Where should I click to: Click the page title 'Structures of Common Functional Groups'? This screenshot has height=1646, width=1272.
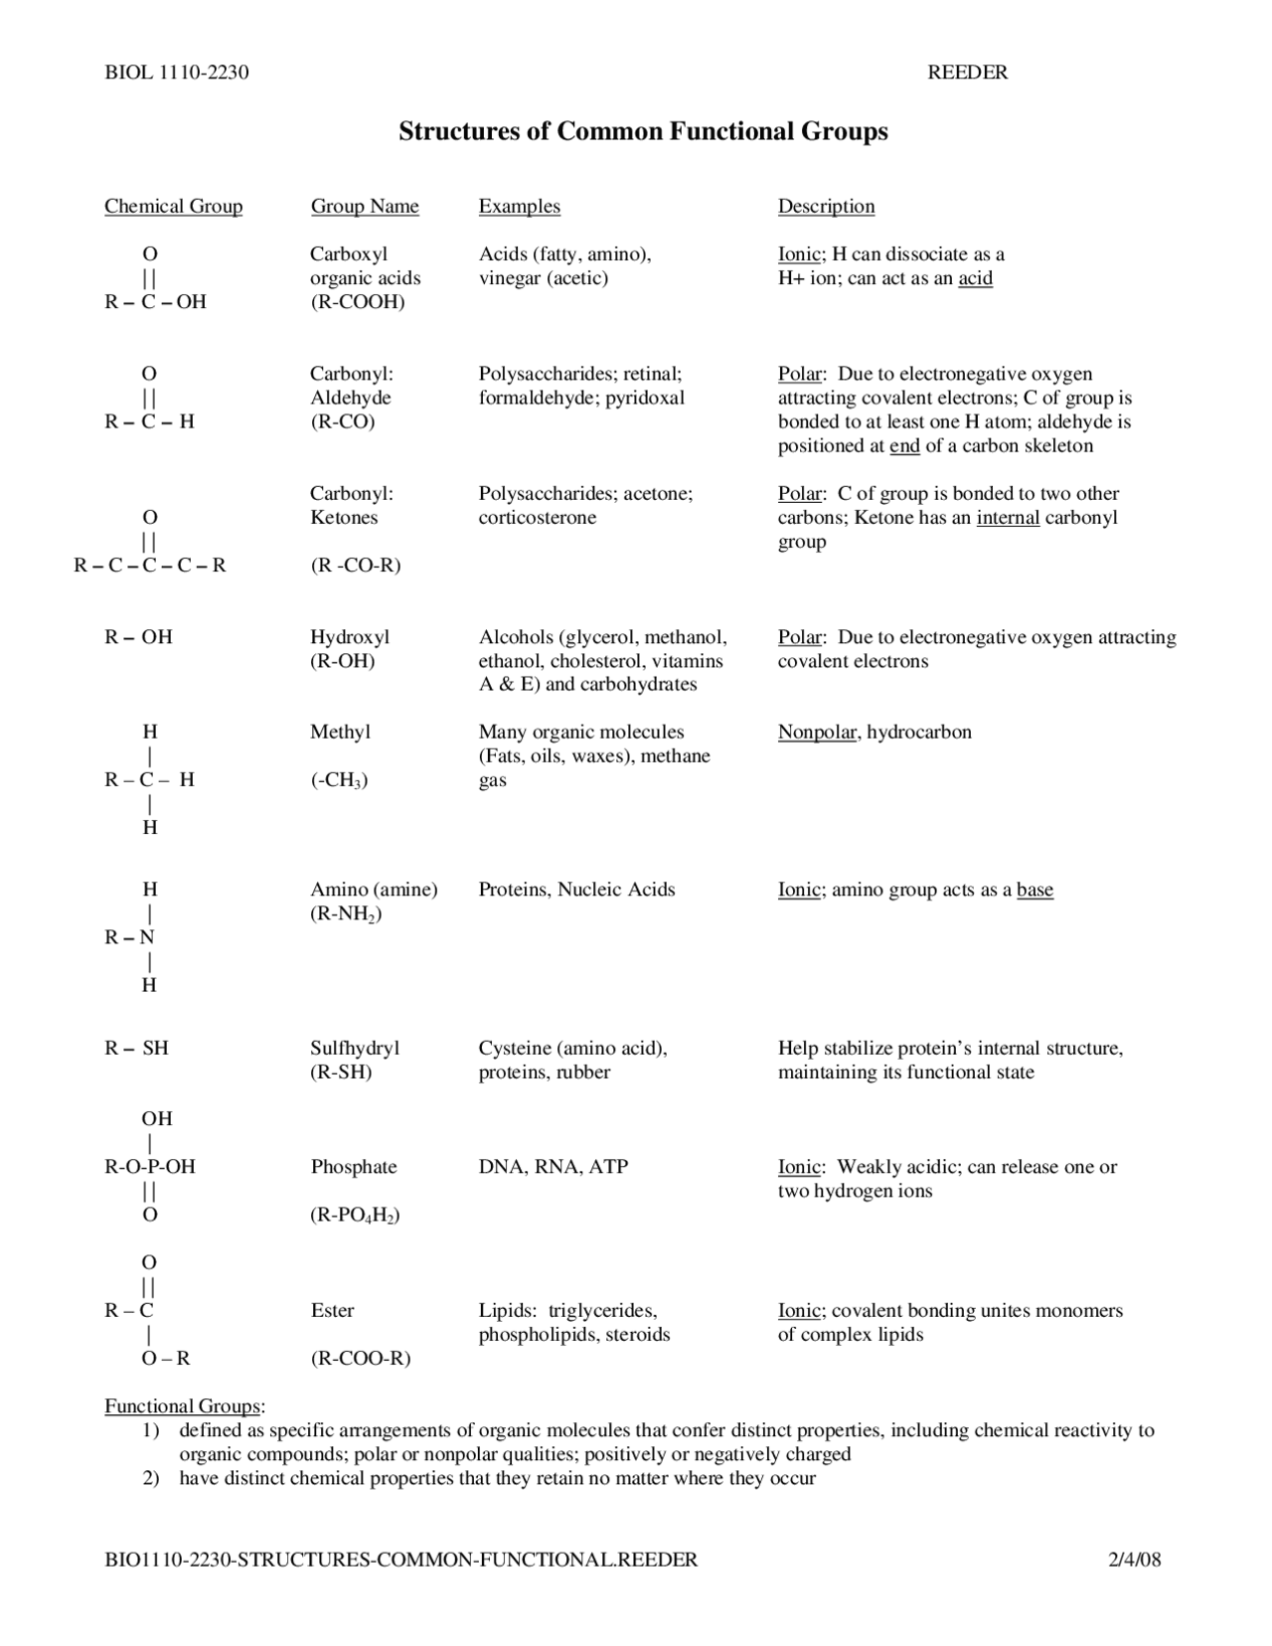coord(643,131)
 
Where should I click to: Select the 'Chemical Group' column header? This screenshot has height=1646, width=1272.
coord(173,206)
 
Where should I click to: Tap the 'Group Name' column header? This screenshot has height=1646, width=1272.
coord(365,206)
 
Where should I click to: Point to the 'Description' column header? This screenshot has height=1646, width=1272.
coord(826,206)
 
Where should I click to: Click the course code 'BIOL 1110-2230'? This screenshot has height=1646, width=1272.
coord(176,72)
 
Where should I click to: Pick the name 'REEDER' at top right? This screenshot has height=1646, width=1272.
coord(967,72)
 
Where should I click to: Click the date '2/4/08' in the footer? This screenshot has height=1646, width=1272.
coord(1134,1560)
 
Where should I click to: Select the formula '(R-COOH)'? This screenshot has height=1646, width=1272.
coord(358,301)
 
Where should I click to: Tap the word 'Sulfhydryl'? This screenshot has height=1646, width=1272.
coord(355,1048)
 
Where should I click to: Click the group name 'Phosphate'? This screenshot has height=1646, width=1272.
coord(353,1167)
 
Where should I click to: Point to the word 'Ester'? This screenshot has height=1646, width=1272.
coord(332,1310)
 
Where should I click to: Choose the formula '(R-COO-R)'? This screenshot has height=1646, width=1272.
coord(361,1358)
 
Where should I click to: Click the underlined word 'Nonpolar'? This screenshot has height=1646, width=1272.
coord(817,733)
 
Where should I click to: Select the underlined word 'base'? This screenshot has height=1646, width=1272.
coord(1034,890)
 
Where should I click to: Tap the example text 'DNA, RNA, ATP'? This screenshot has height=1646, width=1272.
coord(554,1167)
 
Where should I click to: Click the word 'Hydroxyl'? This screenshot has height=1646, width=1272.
coord(350,637)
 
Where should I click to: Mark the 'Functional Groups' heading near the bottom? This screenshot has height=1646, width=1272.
coord(183,1405)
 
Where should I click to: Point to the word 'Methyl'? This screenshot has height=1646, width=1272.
coord(340,733)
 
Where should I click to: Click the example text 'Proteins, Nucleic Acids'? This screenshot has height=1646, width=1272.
coord(576,890)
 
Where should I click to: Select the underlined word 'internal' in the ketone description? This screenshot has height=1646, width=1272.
coord(1008,517)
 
